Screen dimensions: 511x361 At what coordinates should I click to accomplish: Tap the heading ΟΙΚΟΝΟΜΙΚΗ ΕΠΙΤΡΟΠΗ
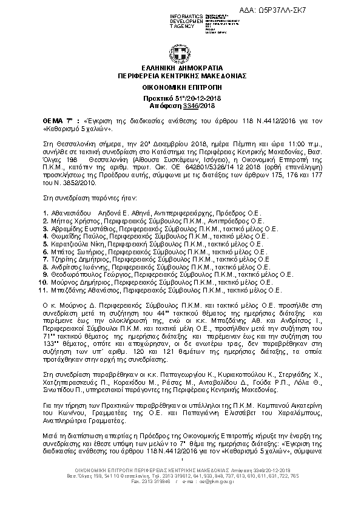point(180,88)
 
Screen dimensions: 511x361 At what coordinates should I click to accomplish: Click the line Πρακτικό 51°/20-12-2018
point(180,97)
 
